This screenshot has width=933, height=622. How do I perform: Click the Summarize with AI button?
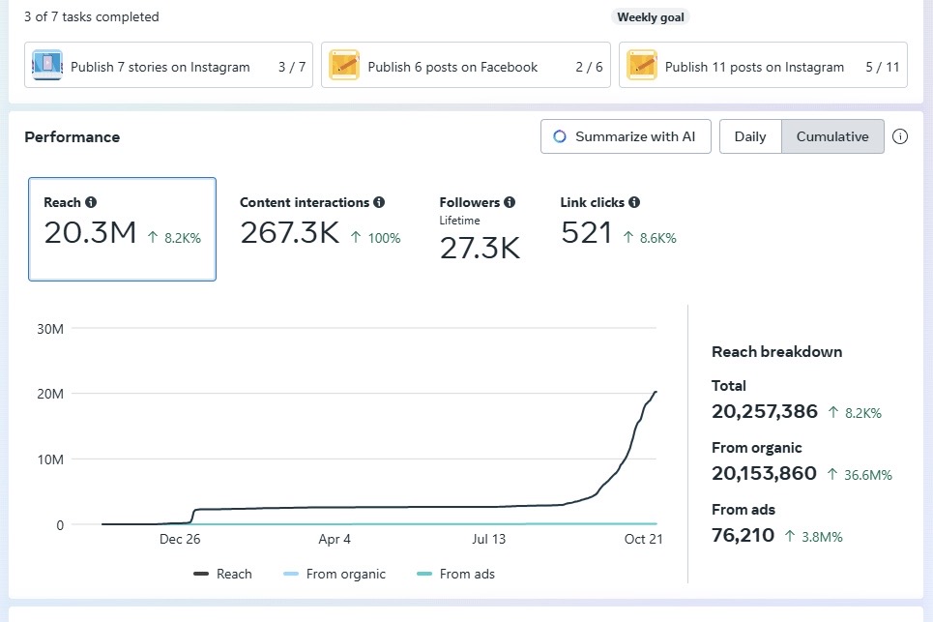click(626, 136)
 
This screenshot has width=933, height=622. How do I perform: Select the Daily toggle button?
click(749, 136)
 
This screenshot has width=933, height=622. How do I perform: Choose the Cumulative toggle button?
click(831, 136)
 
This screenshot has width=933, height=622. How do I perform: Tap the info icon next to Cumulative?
click(900, 136)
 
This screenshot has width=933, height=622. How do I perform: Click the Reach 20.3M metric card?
click(122, 229)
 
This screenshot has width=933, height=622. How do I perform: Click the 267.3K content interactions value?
click(289, 233)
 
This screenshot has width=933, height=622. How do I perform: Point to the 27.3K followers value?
click(480, 249)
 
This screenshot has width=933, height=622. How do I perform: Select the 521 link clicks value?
click(586, 233)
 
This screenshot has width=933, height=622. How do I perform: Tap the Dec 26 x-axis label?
click(180, 540)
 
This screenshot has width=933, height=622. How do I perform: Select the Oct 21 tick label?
click(642, 540)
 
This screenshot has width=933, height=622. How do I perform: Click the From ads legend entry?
click(455, 574)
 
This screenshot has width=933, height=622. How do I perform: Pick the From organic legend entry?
click(335, 574)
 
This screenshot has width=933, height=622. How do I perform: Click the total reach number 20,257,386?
click(764, 411)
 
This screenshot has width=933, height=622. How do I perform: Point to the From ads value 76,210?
click(743, 535)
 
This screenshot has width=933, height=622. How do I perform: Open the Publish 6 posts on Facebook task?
click(465, 67)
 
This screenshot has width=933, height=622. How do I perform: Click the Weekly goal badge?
click(650, 17)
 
